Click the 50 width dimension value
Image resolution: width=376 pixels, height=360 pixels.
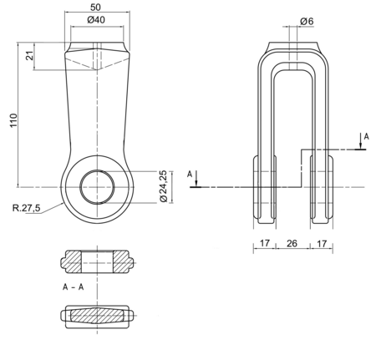[95, 8]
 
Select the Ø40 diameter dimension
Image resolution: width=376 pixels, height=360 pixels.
[96, 20]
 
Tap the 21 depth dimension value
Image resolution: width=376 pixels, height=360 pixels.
[30, 55]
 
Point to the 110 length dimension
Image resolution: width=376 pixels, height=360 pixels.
[13, 120]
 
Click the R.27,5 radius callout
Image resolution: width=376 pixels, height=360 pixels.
[27, 207]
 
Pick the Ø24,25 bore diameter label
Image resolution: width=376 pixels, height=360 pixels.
[163, 186]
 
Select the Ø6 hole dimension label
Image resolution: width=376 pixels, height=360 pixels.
[307, 21]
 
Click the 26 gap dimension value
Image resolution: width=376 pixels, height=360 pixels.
[292, 243]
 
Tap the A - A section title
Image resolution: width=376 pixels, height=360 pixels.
[73, 286]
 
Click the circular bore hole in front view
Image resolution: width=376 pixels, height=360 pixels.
[97, 187]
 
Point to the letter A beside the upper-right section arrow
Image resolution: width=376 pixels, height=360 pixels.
[367, 136]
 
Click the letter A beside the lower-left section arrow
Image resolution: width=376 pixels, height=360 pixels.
[190, 175]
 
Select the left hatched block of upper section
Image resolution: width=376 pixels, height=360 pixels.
[72, 261]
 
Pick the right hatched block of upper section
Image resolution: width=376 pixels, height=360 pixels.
[123, 261]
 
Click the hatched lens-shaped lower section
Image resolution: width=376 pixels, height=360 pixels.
[97, 316]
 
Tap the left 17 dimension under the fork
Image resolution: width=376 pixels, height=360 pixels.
[265, 243]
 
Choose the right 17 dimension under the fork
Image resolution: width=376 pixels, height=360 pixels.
[322, 244]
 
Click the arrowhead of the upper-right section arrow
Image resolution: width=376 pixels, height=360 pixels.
[361, 146]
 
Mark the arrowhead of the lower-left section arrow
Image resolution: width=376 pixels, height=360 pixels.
[196, 184]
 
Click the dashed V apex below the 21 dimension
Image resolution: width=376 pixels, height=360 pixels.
[97, 69]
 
